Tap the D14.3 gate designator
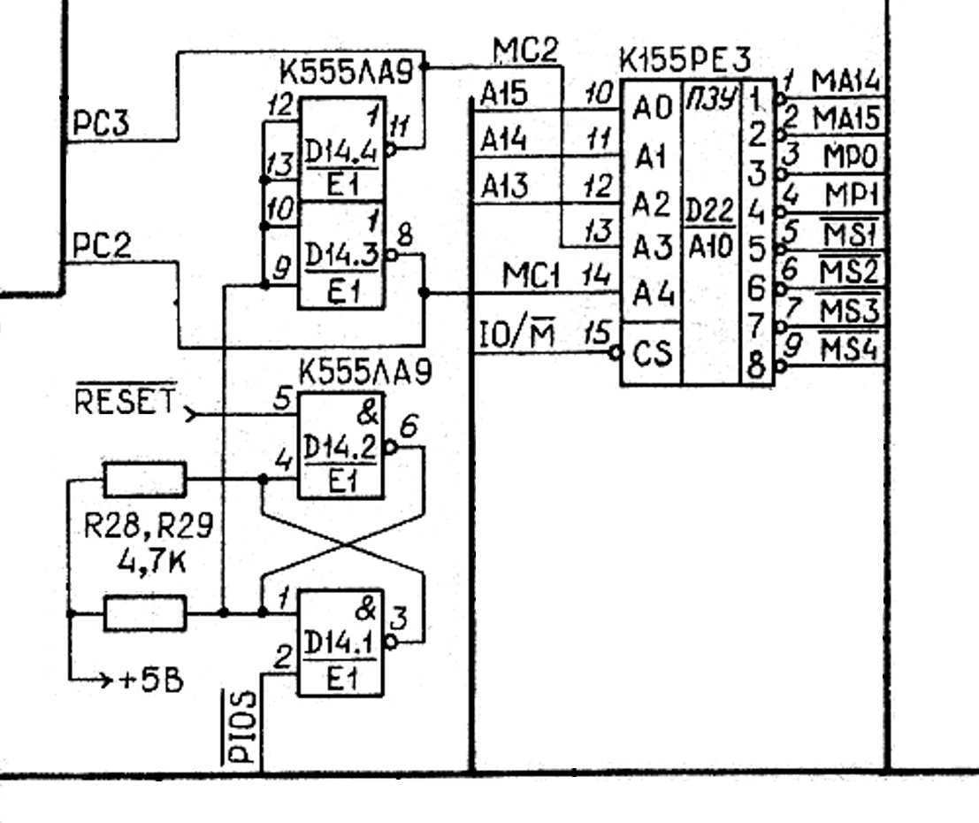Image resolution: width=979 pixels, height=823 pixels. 340,256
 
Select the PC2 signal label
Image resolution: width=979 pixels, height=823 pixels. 100,247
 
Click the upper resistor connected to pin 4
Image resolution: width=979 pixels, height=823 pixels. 145,480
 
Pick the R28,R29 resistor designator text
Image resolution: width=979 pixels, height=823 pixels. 149,528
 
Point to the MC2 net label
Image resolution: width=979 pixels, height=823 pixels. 525,51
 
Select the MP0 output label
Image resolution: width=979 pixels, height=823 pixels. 849,157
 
